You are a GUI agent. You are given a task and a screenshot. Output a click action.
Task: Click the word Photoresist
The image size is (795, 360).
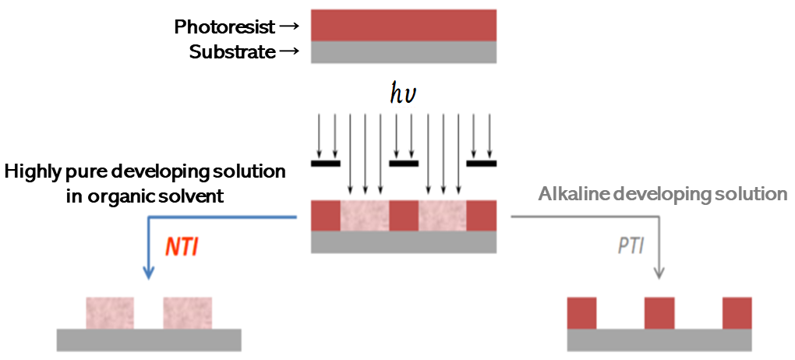(224, 27)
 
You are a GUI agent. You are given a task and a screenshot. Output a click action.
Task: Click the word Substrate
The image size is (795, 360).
(232, 53)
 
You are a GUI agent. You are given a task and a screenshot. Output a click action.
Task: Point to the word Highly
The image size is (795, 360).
(34, 171)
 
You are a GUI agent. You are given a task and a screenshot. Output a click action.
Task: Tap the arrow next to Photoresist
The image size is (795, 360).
(288, 27)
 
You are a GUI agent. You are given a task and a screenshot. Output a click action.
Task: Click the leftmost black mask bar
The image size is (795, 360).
(326, 164)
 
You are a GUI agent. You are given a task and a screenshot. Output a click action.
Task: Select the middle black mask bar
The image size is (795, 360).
(404, 164)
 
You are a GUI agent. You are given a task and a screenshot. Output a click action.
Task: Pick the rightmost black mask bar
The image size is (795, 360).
(481, 164)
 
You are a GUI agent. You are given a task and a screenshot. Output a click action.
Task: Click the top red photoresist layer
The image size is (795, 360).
(404, 25)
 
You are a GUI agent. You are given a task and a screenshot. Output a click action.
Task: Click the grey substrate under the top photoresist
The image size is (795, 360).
(404, 51)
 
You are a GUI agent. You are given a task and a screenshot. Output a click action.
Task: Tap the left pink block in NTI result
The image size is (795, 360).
(110, 312)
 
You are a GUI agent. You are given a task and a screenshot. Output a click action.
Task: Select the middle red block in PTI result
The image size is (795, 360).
(659, 312)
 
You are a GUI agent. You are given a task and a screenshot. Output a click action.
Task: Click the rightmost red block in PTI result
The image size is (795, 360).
(737, 312)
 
